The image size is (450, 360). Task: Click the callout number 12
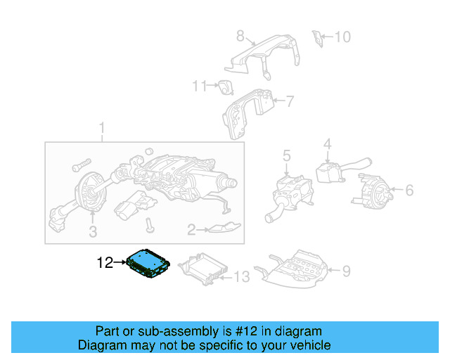[x=105, y=264]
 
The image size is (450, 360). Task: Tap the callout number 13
[x=240, y=278]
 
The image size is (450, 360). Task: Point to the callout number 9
[x=345, y=269]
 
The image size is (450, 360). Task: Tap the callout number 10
[x=342, y=36]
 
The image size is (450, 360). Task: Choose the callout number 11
[x=200, y=86]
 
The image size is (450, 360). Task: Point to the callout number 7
[x=289, y=101]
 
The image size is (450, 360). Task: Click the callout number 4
[x=327, y=145]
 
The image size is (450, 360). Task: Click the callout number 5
[x=286, y=155]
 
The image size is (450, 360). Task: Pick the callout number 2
[x=191, y=229]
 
